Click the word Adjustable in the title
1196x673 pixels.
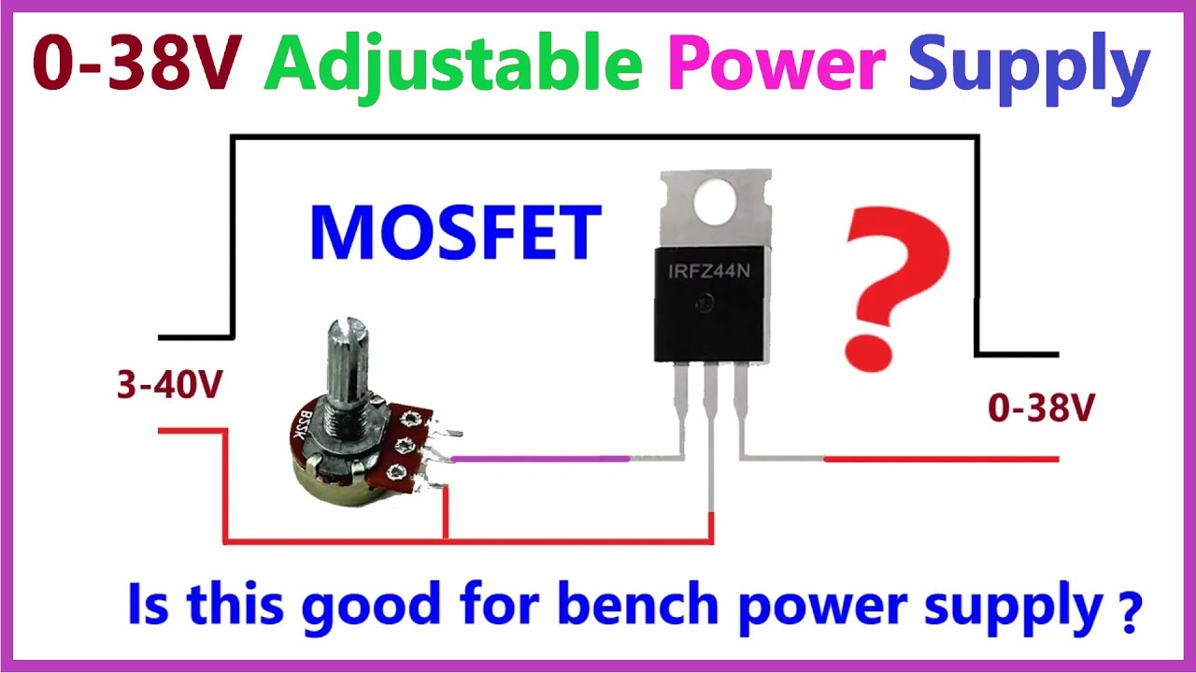tap(452, 65)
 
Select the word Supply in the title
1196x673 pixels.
tap(1028, 65)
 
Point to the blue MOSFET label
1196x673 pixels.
tap(455, 234)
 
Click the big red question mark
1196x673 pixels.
tap(892, 285)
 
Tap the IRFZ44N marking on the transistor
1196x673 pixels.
tap(709, 272)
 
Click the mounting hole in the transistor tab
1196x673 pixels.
tap(716, 198)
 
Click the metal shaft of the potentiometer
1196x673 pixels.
tap(340, 374)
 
